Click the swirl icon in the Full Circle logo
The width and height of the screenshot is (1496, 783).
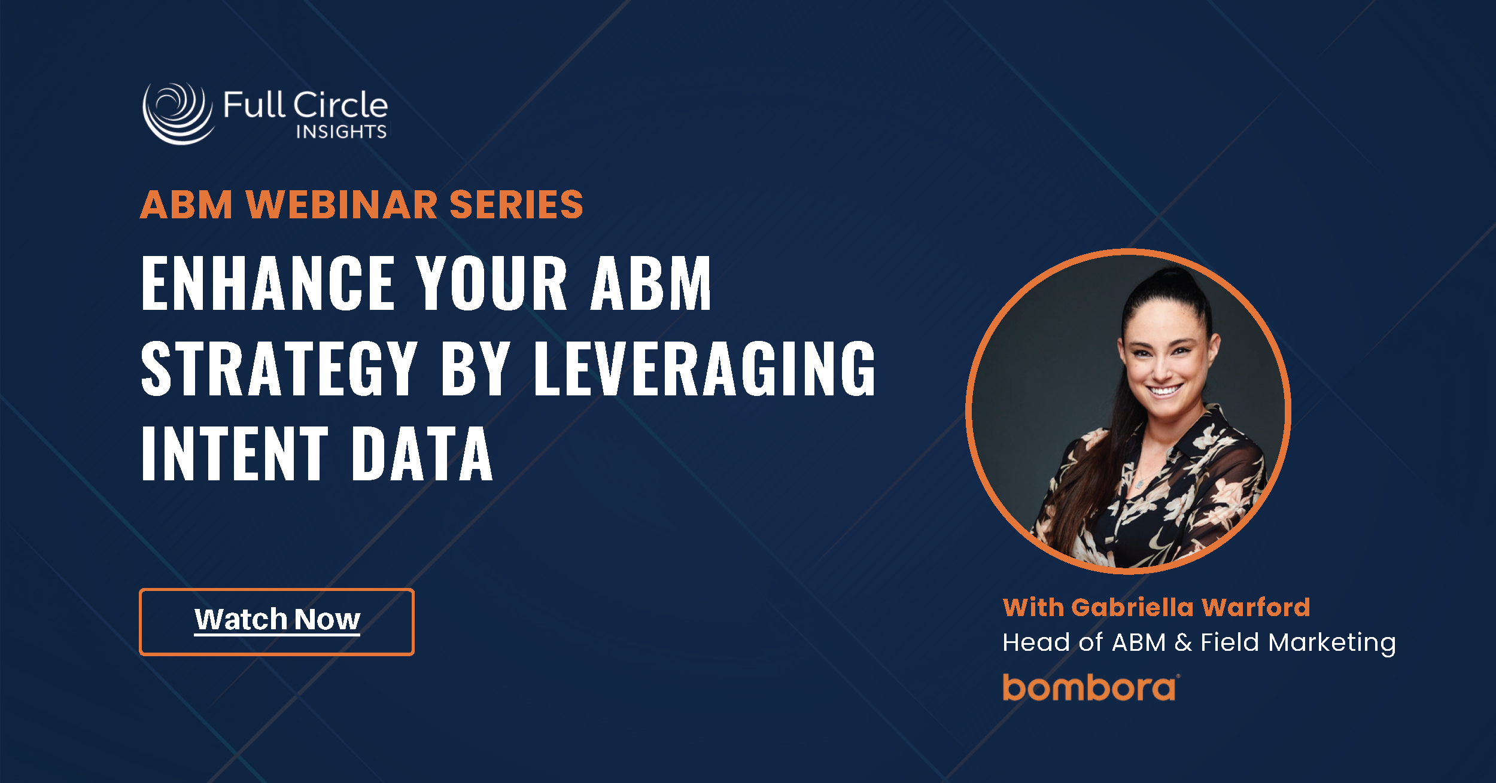178,113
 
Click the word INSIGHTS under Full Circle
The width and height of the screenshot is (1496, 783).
341,132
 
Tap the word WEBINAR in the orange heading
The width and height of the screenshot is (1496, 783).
342,205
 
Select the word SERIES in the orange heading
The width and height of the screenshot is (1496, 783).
516,205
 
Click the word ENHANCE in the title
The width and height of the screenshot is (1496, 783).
267,283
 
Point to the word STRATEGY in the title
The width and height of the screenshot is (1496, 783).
279,368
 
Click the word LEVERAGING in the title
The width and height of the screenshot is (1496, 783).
704,368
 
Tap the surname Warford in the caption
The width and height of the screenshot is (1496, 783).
1255,608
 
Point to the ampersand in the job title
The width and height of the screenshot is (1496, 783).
1183,642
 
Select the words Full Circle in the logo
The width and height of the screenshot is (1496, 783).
305,105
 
